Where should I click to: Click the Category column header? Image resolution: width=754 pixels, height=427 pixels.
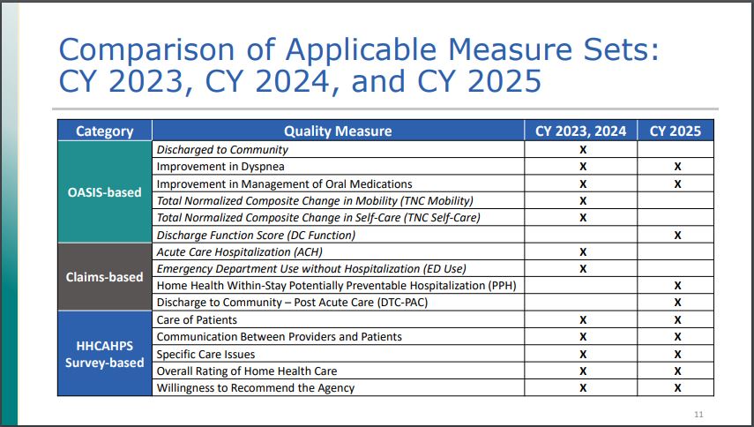104,131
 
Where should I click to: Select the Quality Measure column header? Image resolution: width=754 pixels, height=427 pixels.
338,131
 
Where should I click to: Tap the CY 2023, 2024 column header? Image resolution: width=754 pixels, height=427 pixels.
581,131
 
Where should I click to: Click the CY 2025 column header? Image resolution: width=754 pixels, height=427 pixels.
676,131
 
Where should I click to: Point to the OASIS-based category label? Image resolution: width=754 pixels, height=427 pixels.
104,191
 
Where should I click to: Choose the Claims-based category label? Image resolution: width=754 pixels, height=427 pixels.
104,277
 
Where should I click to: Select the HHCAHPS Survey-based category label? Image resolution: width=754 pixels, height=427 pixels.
104,354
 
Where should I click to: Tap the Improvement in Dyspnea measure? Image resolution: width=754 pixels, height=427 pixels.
220,167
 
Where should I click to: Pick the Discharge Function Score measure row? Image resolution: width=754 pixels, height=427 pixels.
256,235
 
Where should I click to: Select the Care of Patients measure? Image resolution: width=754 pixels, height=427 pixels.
196,319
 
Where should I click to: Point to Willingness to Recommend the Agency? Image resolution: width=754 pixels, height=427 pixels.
256,388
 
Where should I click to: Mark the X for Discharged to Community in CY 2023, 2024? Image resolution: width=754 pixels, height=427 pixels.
582,150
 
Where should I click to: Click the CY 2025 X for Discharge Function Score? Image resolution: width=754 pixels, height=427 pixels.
677,235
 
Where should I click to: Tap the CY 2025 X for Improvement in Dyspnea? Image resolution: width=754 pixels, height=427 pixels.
677,167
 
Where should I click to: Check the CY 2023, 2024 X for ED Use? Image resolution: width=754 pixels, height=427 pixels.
582,268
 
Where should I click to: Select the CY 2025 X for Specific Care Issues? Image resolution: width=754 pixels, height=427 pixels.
677,354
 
